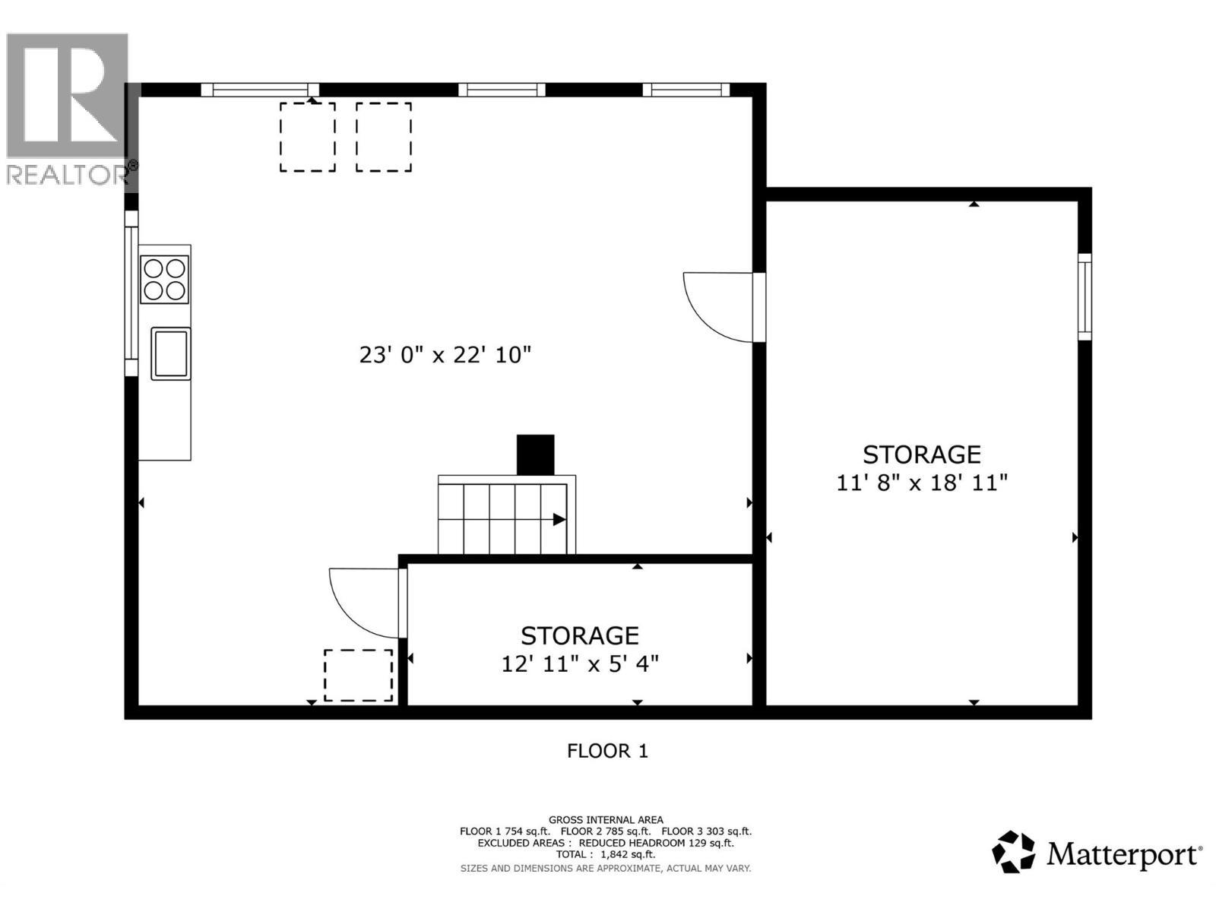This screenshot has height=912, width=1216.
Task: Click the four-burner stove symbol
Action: click(x=164, y=280)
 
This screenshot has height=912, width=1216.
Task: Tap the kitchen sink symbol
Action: click(x=170, y=353)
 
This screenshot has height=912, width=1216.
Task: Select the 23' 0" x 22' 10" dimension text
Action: click(x=445, y=355)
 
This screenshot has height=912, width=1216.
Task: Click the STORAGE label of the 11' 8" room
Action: click(x=921, y=454)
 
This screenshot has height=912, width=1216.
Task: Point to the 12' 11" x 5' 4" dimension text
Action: click(x=579, y=663)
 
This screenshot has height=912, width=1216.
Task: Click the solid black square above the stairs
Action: click(x=535, y=454)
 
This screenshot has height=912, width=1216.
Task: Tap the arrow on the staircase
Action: click(x=559, y=520)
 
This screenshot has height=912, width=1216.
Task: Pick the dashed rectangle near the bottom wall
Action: click(x=358, y=675)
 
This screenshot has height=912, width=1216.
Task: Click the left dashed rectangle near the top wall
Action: click(x=307, y=138)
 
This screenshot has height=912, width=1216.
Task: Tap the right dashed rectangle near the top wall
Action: click(x=384, y=138)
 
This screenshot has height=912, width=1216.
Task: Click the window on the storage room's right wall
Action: click(x=1085, y=296)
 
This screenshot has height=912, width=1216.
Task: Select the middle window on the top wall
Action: click(x=502, y=90)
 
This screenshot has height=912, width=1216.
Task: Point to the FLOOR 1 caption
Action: click(x=607, y=751)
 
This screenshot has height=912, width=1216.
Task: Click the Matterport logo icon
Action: click(x=1013, y=852)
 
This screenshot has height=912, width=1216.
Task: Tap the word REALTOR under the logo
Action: click(x=67, y=175)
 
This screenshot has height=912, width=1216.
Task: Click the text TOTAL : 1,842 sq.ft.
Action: click(x=606, y=854)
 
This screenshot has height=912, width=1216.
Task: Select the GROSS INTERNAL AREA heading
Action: click(x=606, y=819)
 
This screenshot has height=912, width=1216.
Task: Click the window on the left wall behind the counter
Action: click(x=131, y=293)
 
